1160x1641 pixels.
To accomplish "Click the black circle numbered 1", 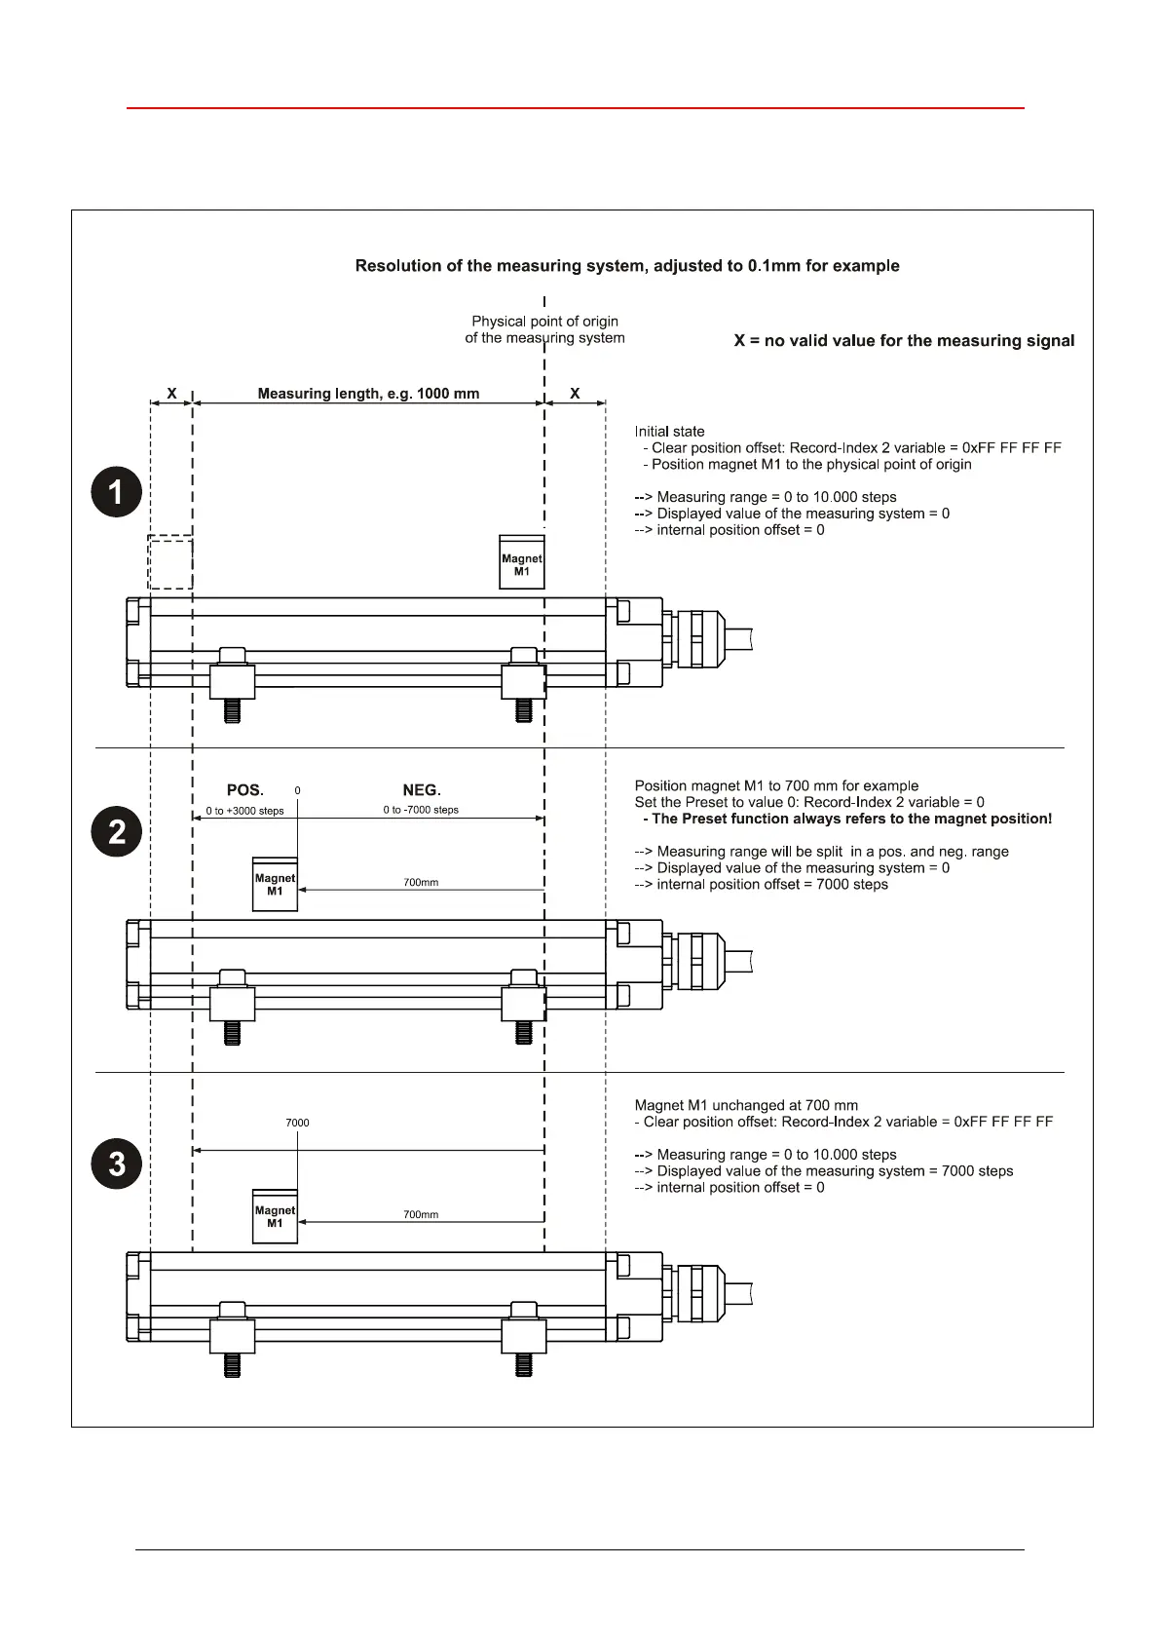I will point(117,491).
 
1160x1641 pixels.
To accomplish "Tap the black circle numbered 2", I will point(117,831).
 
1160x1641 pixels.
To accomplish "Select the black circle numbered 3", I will point(117,1164).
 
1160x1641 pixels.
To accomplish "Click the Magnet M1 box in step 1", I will point(522,562).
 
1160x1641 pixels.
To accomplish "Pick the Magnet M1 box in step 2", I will point(275,884).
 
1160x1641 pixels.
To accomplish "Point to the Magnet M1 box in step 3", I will point(275,1216).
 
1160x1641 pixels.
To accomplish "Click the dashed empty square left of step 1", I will point(169,562).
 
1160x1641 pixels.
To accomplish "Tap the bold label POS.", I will point(245,790).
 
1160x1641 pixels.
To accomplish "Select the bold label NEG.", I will point(422,790).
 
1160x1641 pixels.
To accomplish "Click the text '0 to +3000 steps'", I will point(244,811).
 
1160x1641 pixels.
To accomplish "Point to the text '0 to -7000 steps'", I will point(421,810).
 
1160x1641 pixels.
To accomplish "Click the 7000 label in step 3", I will point(297,1123).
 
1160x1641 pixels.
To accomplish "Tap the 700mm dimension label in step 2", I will point(421,882).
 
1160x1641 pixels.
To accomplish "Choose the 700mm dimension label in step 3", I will point(421,1214).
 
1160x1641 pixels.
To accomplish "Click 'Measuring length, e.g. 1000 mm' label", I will point(368,394).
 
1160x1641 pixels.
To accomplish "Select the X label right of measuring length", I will point(575,394).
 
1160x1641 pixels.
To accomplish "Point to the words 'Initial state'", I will point(669,432).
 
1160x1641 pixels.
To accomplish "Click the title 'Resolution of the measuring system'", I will point(627,266).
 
